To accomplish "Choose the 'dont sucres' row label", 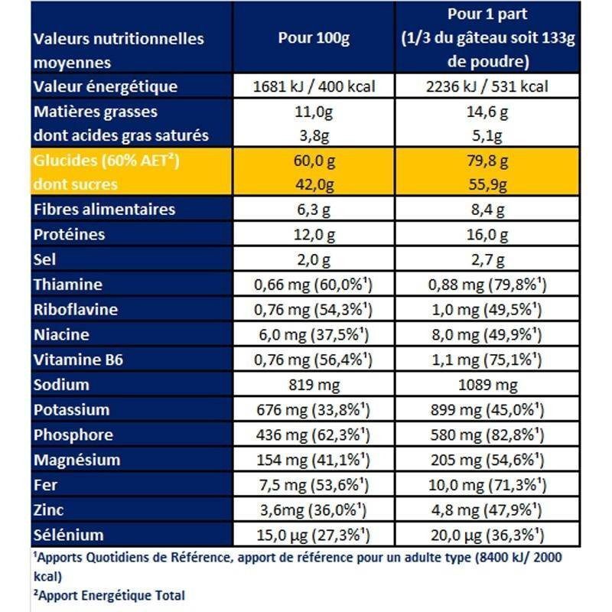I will tap(76, 184).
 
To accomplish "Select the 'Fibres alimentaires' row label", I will tap(104, 210).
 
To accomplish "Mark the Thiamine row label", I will tap(68, 285).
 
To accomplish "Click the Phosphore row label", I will tap(73, 435).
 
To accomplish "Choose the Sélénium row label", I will tap(68, 535).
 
